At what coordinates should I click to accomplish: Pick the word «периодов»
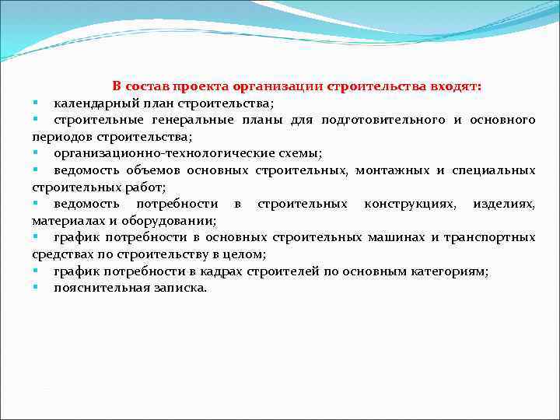[x=58, y=136]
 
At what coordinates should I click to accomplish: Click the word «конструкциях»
[x=408, y=204]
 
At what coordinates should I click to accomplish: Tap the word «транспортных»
[x=492, y=237]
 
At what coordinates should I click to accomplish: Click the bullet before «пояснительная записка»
[x=36, y=287]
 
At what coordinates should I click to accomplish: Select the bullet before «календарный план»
[x=36, y=103]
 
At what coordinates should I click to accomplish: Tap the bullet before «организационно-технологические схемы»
[x=36, y=152]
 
